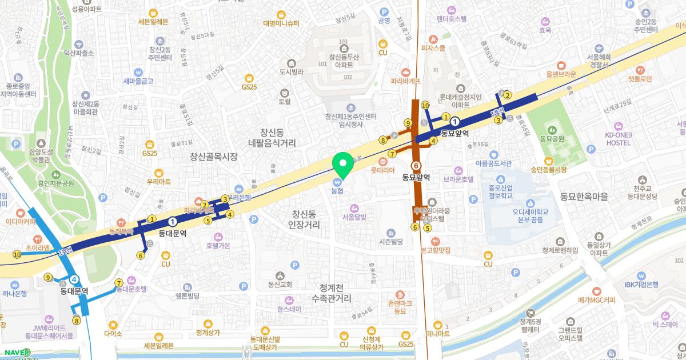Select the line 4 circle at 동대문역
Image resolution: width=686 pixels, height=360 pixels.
(x=74, y=279)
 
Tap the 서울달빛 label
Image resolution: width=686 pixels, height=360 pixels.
(x=354, y=217)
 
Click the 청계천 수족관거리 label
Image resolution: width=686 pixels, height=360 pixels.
(x=332, y=293)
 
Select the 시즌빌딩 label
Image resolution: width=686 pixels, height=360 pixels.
(x=391, y=242)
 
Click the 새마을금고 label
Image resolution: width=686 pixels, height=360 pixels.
(x=138, y=81)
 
